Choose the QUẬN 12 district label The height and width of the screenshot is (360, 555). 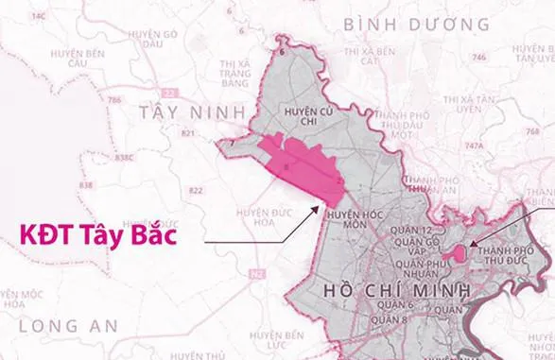pyautogui.click(x=416, y=231)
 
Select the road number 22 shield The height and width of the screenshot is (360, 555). pyautogui.click(x=170, y=92)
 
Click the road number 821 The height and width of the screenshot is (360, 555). pyautogui.click(x=187, y=134)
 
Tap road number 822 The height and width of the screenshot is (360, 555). pyautogui.click(x=196, y=191)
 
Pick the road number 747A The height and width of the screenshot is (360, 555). pyautogui.click(x=473, y=146)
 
